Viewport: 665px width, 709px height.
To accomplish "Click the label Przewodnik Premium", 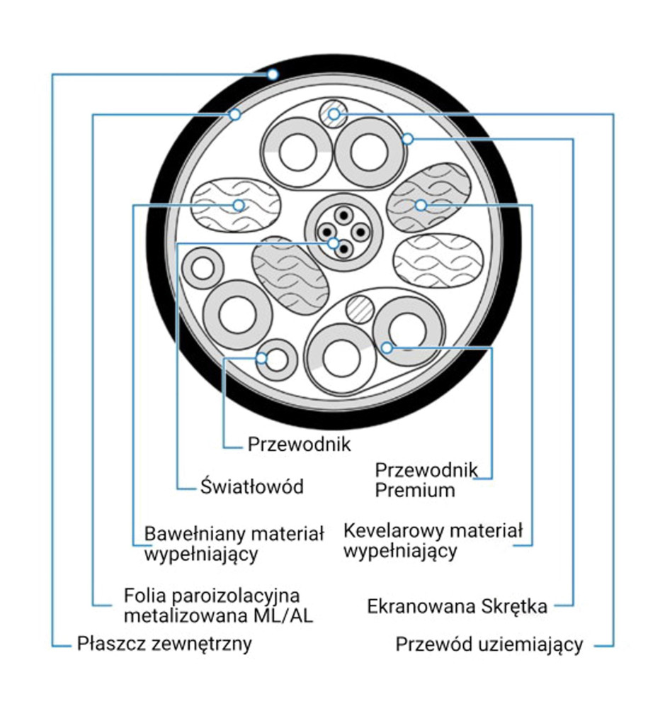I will click(x=426, y=479).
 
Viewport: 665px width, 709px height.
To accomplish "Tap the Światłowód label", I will click(x=251, y=486).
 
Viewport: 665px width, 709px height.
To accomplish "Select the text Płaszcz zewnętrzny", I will click(x=164, y=644).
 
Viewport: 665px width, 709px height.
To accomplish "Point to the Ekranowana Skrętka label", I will click(x=457, y=606).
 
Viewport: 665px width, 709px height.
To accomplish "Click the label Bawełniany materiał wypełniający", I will click(x=234, y=542).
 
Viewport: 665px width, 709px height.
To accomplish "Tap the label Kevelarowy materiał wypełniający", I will click(x=432, y=540).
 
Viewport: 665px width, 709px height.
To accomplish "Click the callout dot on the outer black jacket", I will click(x=273, y=74).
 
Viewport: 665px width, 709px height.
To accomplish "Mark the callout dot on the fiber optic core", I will click(x=334, y=243).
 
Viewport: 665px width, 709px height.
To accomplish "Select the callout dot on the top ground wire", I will click(x=335, y=113).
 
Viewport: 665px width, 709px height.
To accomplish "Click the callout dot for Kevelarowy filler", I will click(x=421, y=206).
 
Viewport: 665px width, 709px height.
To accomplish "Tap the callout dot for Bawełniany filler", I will click(x=239, y=206).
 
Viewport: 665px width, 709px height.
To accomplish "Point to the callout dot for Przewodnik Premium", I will click(x=387, y=347).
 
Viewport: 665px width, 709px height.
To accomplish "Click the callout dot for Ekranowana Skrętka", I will click(x=407, y=139).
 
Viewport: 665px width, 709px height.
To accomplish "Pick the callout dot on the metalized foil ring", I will click(x=236, y=114).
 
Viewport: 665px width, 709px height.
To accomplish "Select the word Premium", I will click(x=415, y=489).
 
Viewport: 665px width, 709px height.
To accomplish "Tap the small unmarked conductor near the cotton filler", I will click(x=203, y=269).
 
